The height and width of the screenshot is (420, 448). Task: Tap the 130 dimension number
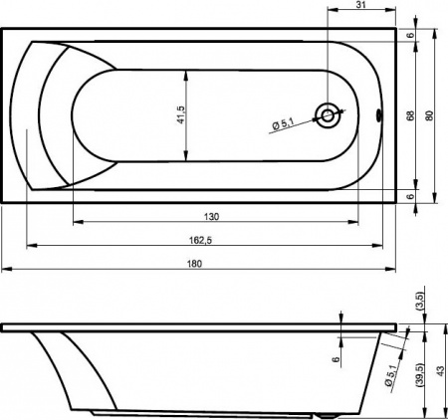coord(211,216)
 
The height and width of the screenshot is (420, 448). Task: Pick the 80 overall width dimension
coord(429,115)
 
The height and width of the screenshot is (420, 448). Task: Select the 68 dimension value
coord(410,115)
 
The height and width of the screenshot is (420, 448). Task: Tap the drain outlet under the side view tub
coord(330,414)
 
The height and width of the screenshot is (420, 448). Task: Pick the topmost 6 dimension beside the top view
coord(410,34)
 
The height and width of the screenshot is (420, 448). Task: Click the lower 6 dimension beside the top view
coord(410,196)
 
